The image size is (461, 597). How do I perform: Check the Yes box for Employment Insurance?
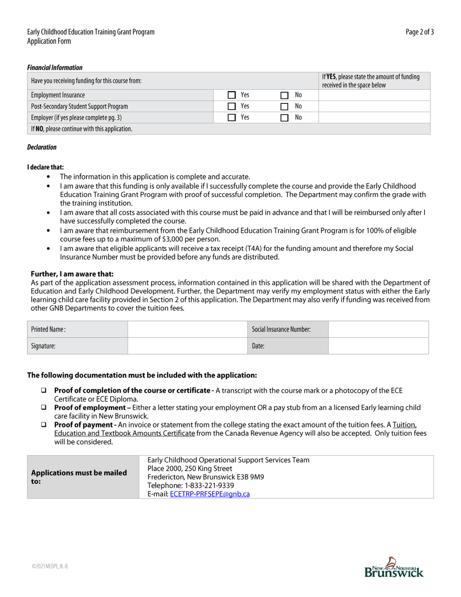[231, 95]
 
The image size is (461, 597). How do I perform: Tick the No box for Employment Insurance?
[284, 95]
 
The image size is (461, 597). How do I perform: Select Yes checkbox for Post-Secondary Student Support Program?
[231, 106]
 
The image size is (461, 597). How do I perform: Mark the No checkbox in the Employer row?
[284, 117]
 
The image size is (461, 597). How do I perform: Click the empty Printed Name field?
[187, 330]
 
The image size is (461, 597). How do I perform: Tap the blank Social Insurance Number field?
[379, 330]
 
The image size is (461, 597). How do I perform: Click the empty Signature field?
[187, 346]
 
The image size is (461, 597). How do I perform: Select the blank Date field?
[379, 346]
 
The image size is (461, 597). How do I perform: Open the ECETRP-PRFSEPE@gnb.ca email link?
[210, 494]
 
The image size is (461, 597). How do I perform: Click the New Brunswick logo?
[394, 567]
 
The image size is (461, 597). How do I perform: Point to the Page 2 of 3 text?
[420, 32]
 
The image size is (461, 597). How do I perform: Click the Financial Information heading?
[55, 67]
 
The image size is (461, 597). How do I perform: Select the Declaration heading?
[42, 147]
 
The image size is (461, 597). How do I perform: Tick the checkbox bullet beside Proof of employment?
[44, 408]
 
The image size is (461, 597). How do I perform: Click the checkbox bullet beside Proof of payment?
[44, 425]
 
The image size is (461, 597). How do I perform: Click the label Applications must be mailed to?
[79, 477]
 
